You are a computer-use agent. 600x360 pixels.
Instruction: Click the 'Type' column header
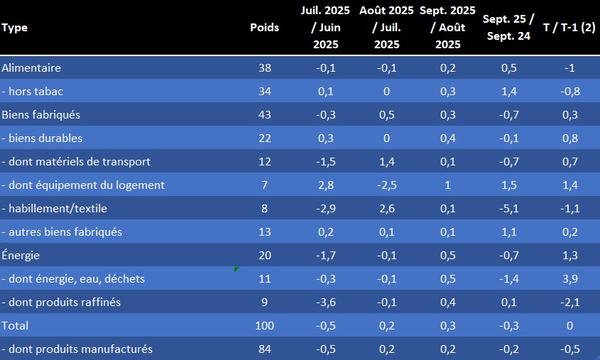click(x=15, y=28)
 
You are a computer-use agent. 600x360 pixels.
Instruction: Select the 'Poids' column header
click(x=264, y=28)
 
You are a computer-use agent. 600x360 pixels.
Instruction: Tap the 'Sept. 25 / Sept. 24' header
click(x=508, y=28)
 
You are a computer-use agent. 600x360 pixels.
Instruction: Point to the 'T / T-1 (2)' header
click(x=568, y=28)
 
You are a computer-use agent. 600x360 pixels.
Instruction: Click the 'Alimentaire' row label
click(x=31, y=68)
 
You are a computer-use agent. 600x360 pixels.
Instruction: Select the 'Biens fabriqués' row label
click(x=41, y=115)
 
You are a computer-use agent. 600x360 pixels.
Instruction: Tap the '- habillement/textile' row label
click(x=55, y=209)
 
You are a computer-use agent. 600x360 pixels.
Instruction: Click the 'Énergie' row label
click(x=21, y=256)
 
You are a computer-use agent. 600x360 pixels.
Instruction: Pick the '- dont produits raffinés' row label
click(x=61, y=302)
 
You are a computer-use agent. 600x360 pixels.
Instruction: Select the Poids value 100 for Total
click(x=264, y=326)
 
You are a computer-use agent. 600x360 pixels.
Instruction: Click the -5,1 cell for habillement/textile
click(x=508, y=209)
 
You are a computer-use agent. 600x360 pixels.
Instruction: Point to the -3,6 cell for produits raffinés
click(x=326, y=302)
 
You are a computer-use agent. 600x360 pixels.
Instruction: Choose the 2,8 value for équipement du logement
click(x=326, y=185)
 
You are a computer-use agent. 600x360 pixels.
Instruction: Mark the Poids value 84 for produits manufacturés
click(x=264, y=349)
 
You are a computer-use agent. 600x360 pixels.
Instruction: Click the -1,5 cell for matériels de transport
click(x=326, y=162)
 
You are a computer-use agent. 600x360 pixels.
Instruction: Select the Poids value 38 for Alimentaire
click(x=264, y=68)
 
